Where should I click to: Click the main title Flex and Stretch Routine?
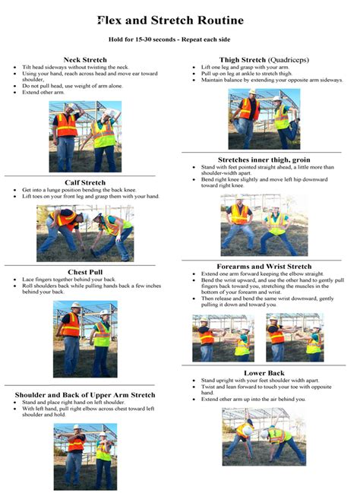click(180, 21)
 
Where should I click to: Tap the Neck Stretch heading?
click(85, 59)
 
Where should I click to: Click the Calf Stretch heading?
click(85, 182)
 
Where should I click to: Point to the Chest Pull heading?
click(85, 271)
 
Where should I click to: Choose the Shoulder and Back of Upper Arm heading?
click(85, 395)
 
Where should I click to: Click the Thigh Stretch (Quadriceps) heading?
click(264, 59)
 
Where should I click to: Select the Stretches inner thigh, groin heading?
click(264, 160)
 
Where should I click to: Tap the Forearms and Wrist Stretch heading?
click(264, 267)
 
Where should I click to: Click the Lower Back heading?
click(264, 372)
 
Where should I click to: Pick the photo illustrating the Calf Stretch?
click(85, 232)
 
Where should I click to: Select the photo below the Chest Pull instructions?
click(85, 339)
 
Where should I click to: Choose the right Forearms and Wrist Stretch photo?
click(295, 337)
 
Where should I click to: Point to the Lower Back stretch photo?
click(264, 437)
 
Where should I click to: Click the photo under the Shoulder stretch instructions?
click(85, 457)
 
